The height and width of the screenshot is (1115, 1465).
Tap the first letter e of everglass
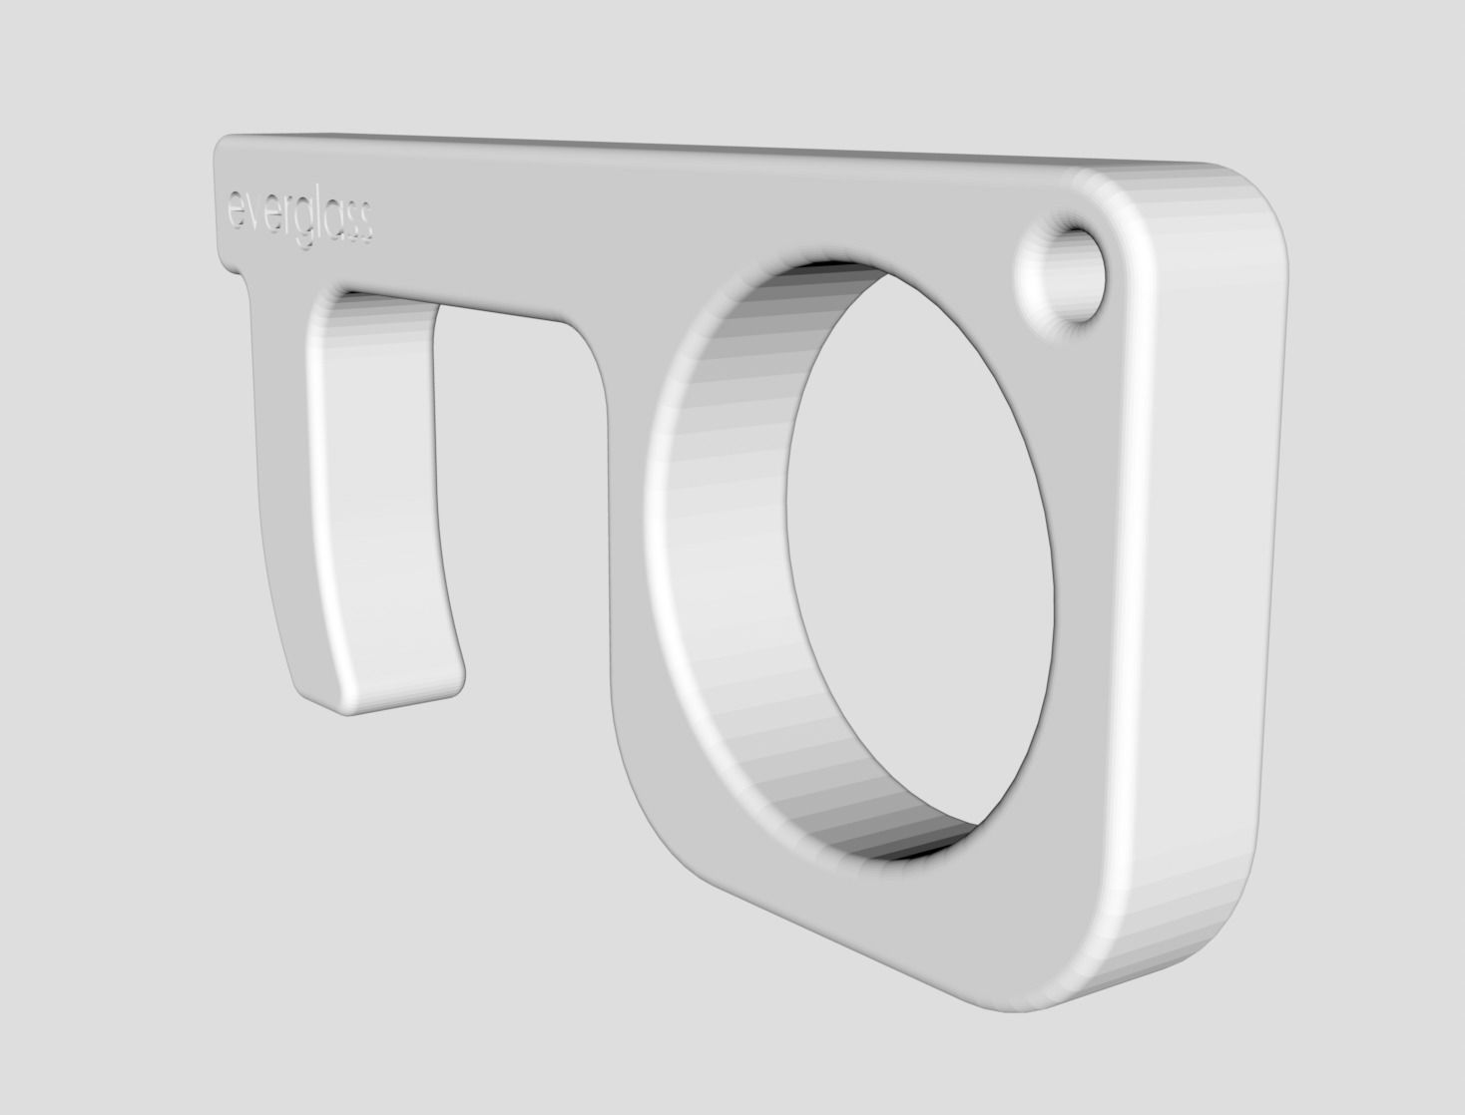pos(235,209)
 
